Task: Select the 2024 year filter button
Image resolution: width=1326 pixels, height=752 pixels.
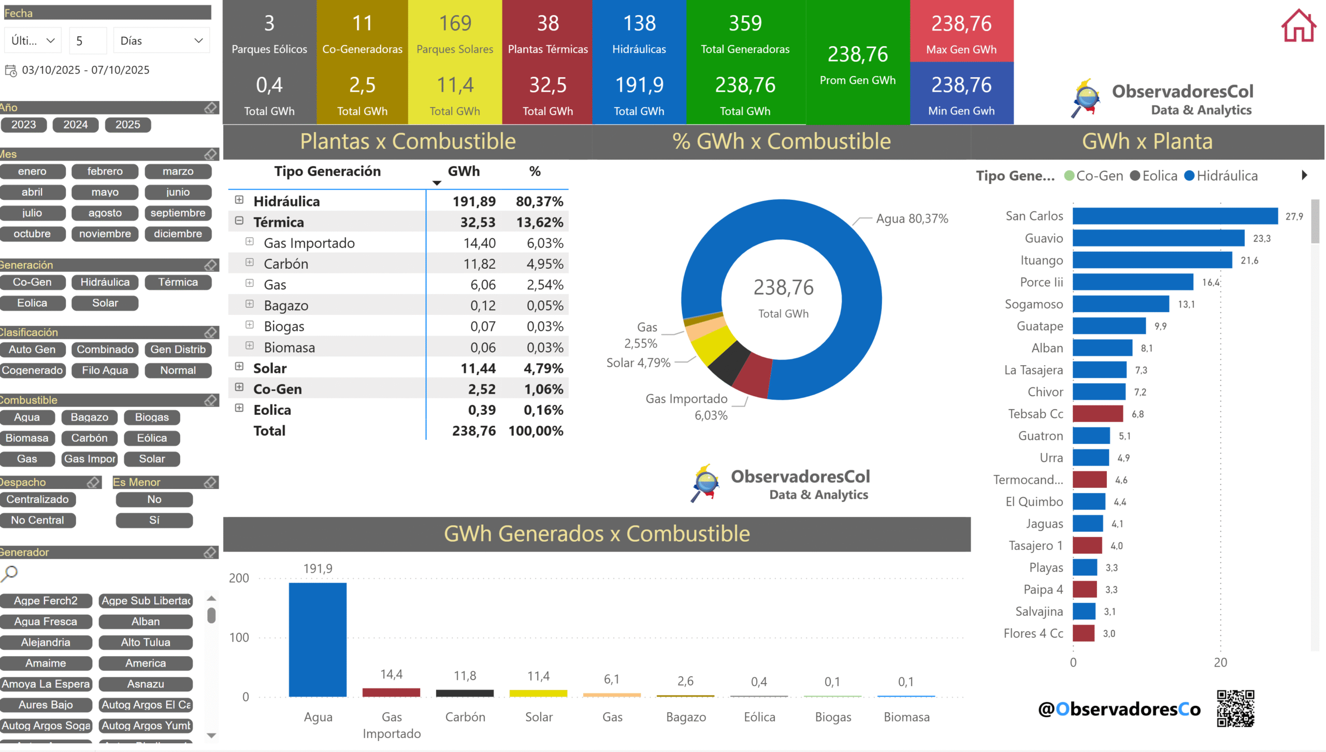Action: [76, 125]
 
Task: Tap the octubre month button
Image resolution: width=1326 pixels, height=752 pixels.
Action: [32, 234]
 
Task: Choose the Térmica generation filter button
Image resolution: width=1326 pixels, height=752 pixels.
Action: [178, 282]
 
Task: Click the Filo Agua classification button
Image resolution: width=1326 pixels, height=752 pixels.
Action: [105, 370]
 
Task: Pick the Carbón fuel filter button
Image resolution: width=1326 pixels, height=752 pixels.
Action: [89, 438]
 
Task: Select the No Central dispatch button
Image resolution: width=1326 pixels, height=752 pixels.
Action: [38, 520]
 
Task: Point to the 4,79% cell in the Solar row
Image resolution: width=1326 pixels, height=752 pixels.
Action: [543, 369]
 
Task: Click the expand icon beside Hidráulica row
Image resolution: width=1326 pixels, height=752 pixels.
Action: [239, 200]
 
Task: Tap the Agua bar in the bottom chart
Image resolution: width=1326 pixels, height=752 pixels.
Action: [318, 640]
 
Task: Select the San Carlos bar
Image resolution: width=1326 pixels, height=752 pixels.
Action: [1175, 216]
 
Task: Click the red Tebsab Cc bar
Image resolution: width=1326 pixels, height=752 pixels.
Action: [1098, 414]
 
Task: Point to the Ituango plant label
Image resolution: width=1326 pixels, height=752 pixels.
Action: [1041, 261]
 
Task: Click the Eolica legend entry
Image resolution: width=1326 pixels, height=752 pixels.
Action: [1154, 176]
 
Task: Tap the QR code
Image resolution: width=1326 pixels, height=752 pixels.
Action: [1235, 708]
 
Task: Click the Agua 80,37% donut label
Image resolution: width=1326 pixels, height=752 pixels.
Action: [912, 219]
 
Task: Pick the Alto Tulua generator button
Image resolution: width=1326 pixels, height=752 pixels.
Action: [146, 643]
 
